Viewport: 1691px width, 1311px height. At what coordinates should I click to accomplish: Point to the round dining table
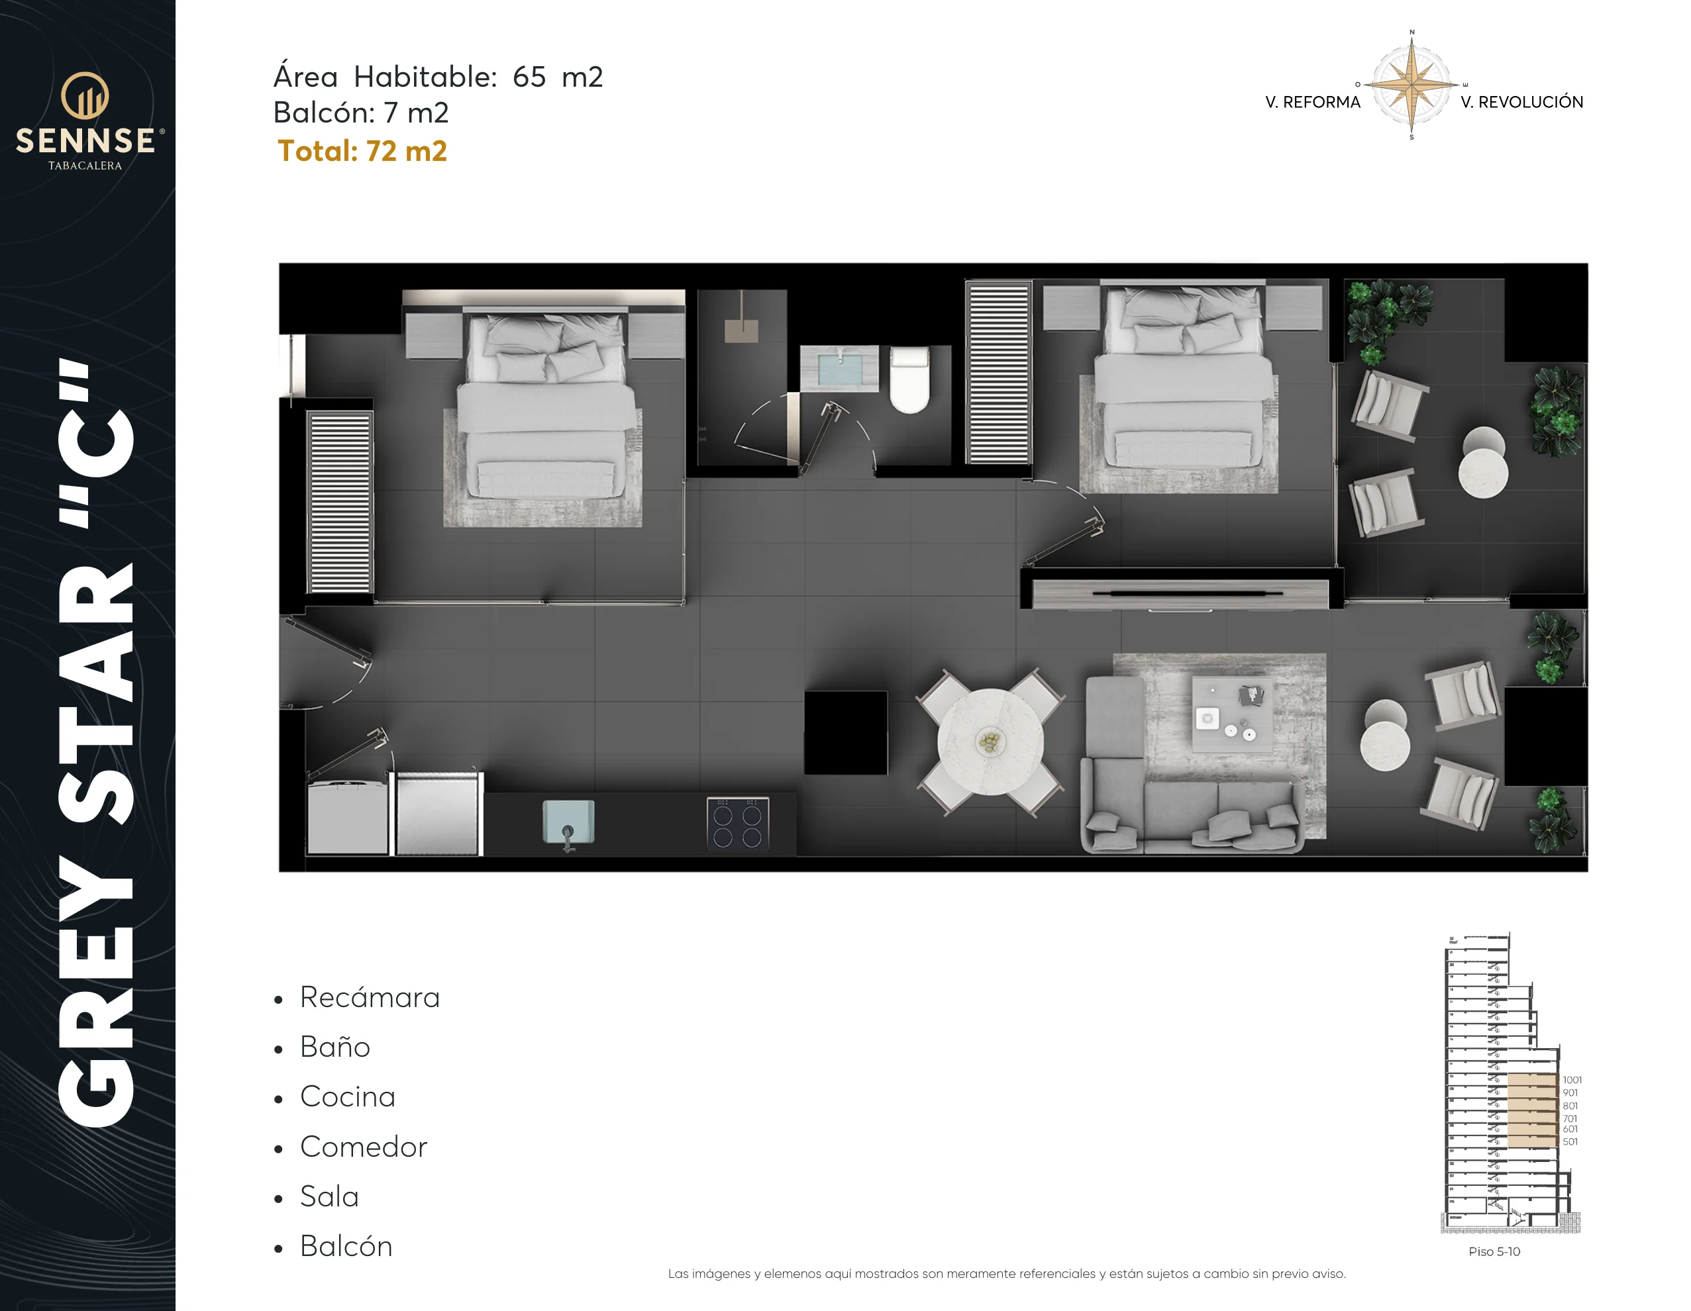click(x=990, y=742)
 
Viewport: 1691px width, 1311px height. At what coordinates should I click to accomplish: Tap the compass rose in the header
click(x=1411, y=84)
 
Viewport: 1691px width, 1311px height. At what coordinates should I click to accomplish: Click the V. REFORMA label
click(x=1312, y=102)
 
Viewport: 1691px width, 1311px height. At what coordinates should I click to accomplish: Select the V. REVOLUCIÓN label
click(x=1521, y=102)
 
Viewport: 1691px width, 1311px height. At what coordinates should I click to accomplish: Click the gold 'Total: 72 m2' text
click(x=362, y=151)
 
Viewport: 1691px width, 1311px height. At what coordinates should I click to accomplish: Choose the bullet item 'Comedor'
click(x=363, y=1147)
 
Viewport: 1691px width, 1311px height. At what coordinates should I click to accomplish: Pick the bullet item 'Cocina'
click(x=348, y=1096)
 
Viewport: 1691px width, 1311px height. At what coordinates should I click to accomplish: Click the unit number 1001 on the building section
click(x=1572, y=1080)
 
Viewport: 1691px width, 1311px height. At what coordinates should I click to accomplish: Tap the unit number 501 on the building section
click(x=1569, y=1141)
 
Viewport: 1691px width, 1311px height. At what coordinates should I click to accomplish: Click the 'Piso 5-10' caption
click(x=1494, y=1251)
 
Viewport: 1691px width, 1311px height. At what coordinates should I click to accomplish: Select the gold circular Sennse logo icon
click(x=85, y=95)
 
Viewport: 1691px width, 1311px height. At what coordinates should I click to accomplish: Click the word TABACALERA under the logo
click(x=85, y=166)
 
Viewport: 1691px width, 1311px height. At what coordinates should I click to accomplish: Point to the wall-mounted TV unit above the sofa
click(x=1181, y=593)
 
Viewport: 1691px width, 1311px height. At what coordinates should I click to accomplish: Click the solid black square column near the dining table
click(x=845, y=732)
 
